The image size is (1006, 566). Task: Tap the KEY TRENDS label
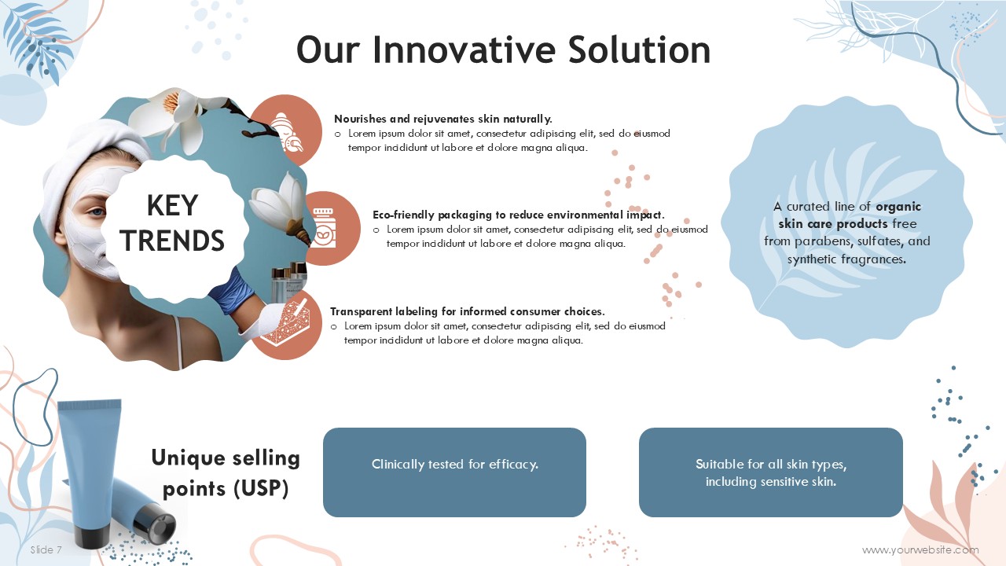[172, 222]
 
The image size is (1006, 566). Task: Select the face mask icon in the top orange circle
[287, 132]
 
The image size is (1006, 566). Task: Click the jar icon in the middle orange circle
[324, 228]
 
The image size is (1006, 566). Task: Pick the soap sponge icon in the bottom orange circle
[285, 325]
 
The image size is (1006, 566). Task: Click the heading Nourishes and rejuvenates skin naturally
[442, 119]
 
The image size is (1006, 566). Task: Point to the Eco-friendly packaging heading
[518, 215]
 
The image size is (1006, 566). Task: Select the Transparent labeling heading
[468, 311]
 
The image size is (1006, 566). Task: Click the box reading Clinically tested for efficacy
[454, 472]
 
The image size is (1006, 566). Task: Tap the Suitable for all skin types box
[771, 472]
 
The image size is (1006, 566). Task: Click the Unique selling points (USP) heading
[226, 473]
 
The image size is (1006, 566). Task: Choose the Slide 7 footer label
[46, 549]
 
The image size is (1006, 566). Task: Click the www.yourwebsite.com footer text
[920, 549]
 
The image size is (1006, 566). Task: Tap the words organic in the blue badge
[898, 207]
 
